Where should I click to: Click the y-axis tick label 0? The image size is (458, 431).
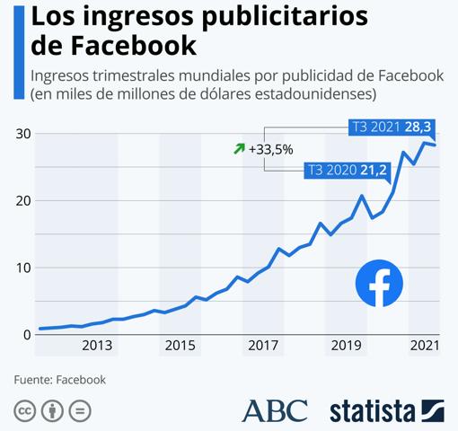[26, 334]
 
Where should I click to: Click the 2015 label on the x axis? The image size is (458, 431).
[180, 346]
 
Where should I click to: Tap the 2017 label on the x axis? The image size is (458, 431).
[262, 346]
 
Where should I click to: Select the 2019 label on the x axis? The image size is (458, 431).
[344, 346]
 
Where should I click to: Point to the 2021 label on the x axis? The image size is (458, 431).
[424, 346]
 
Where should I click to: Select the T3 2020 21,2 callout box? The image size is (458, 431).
[348, 169]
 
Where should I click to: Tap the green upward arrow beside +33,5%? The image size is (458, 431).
[239, 148]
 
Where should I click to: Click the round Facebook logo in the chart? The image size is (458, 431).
[379, 284]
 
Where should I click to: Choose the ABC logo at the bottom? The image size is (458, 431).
[274, 410]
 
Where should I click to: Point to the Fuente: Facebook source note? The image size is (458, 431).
[59, 380]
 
